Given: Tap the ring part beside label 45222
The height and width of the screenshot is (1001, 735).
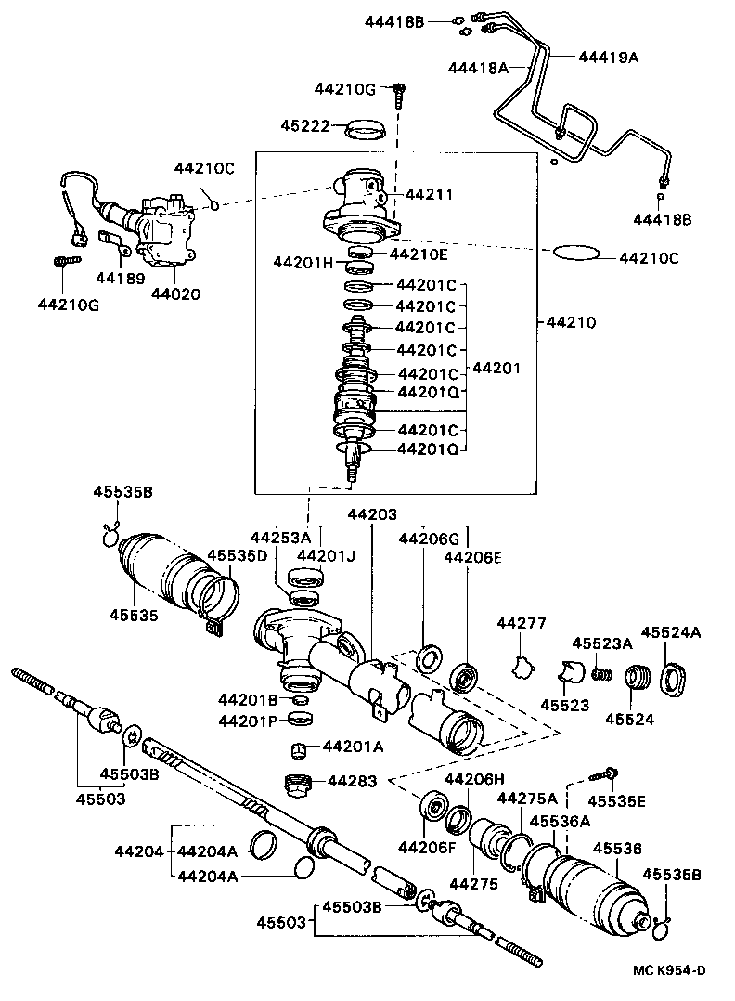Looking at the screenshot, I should (x=366, y=129).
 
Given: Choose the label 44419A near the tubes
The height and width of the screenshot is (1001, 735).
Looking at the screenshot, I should (x=609, y=57).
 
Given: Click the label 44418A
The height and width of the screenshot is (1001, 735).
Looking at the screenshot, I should (x=478, y=67).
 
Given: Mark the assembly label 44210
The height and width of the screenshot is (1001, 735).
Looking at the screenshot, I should (x=571, y=323).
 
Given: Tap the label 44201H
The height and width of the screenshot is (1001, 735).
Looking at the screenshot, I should (x=303, y=262).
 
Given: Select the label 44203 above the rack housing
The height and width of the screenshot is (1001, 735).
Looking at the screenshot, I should (x=372, y=513).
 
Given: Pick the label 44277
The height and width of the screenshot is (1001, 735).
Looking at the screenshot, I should (x=521, y=623).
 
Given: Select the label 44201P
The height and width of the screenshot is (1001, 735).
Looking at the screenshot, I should (x=249, y=721).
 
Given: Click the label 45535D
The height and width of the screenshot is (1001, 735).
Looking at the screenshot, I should (x=237, y=555).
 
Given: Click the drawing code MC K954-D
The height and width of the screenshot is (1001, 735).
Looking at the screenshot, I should (x=669, y=971).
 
